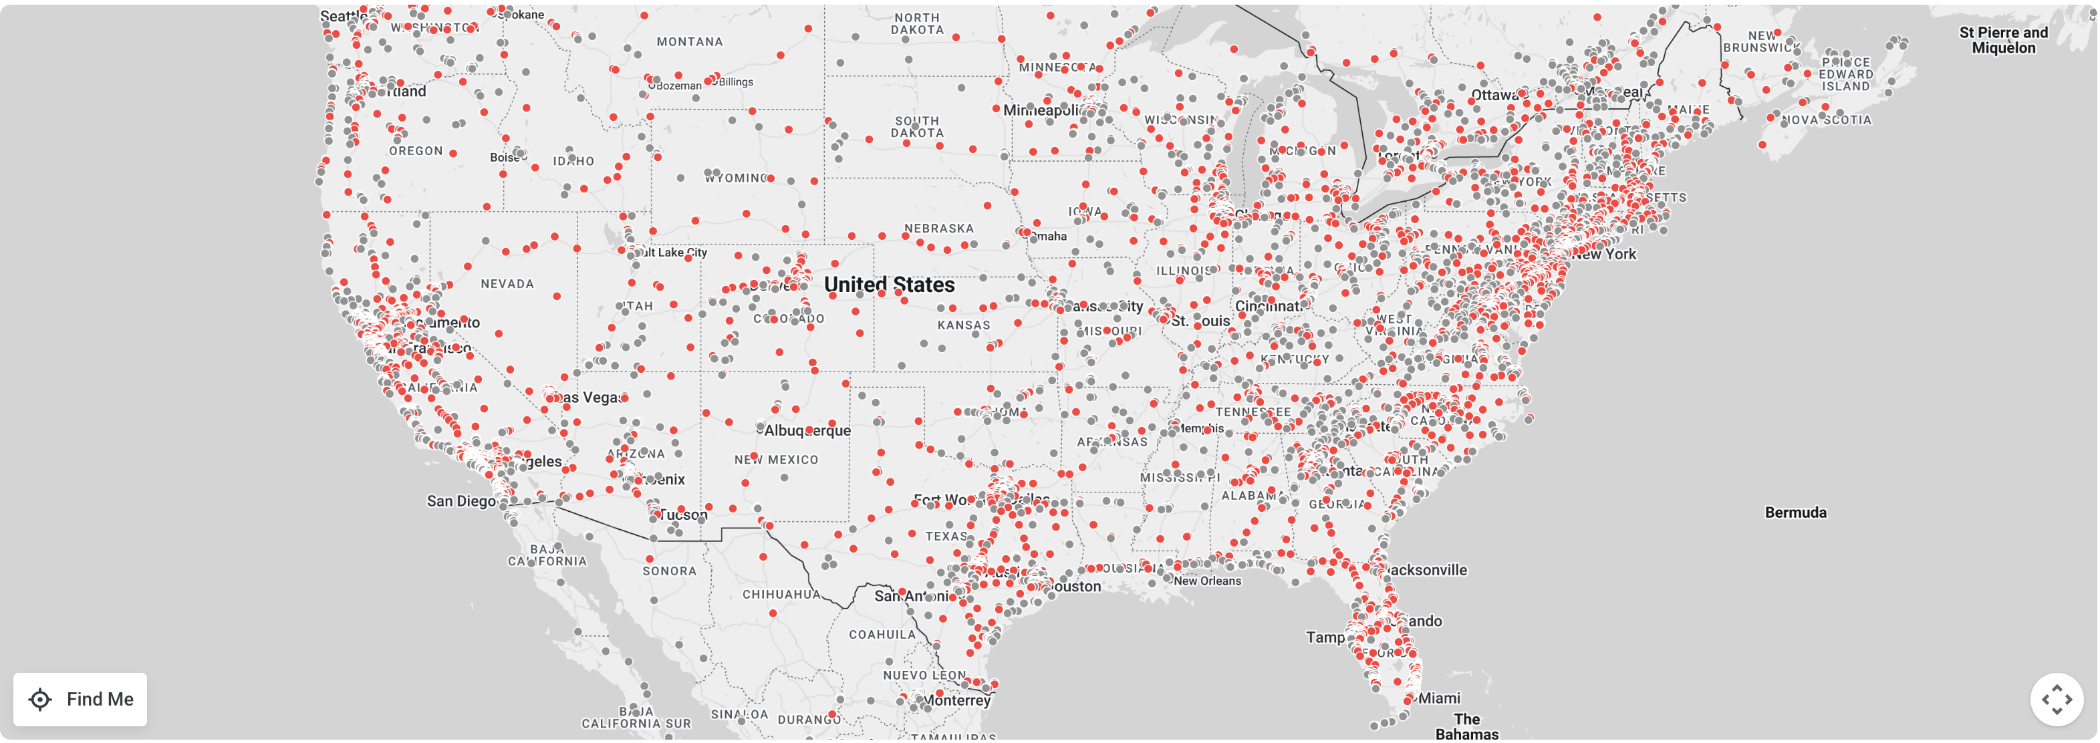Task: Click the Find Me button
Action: point(80,699)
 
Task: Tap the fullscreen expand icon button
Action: point(2056,699)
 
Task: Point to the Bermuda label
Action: point(1795,512)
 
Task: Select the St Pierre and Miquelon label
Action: point(2003,40)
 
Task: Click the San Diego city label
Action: point(461,501)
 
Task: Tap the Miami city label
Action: point(1439,698)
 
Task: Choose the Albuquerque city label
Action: point(807,430)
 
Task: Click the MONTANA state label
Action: point(690,42)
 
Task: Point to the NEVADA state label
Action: point(507,283)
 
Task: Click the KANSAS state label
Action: point(964,325)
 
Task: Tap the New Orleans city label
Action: point(1207,581)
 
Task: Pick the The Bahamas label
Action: point(1466,726)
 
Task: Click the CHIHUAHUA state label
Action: point(781,595)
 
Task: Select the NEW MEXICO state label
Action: point(776,460)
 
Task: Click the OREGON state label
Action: point(416,152)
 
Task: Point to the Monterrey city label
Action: point(957,701)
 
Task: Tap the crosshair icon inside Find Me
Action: point(40,699)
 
